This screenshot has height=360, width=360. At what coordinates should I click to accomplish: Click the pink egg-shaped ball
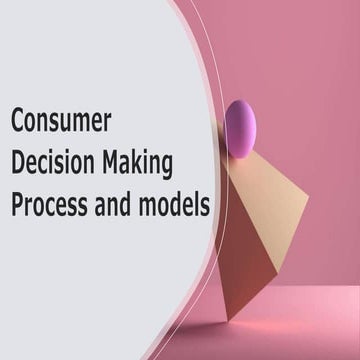240,129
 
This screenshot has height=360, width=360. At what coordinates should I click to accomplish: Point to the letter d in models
177,203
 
